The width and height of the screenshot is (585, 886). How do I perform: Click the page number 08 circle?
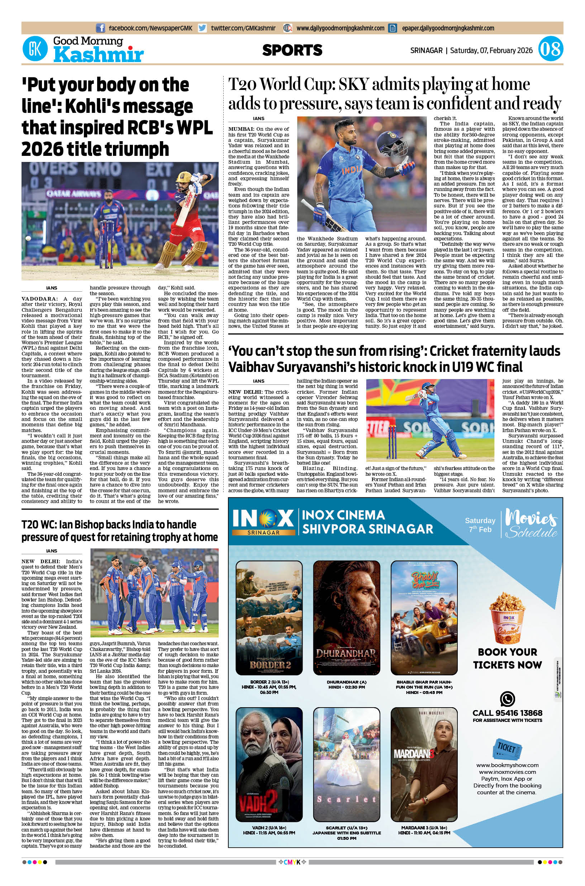(550, 49)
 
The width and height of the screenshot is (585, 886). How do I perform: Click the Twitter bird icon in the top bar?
(203, 28)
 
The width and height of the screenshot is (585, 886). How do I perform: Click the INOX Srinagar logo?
(263, 521)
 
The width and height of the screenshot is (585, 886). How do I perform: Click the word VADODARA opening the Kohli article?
(40, 299)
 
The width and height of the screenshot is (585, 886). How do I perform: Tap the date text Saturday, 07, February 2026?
(491, 51)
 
